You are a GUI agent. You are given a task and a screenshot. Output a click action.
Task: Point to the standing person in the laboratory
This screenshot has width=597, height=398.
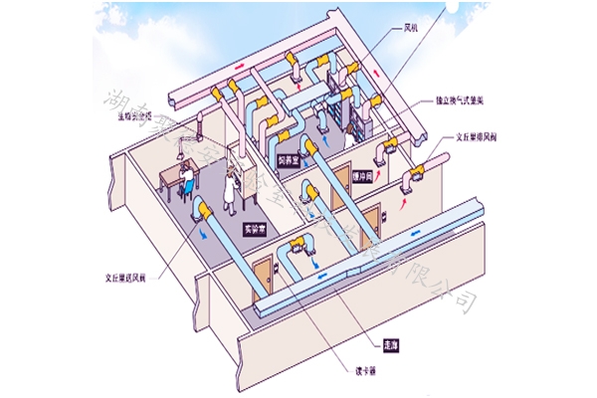pyautogui.click(x=231, y=185)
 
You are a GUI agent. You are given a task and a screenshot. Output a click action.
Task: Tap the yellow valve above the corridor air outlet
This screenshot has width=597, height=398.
pyautogui.click(x=296, y=249)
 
